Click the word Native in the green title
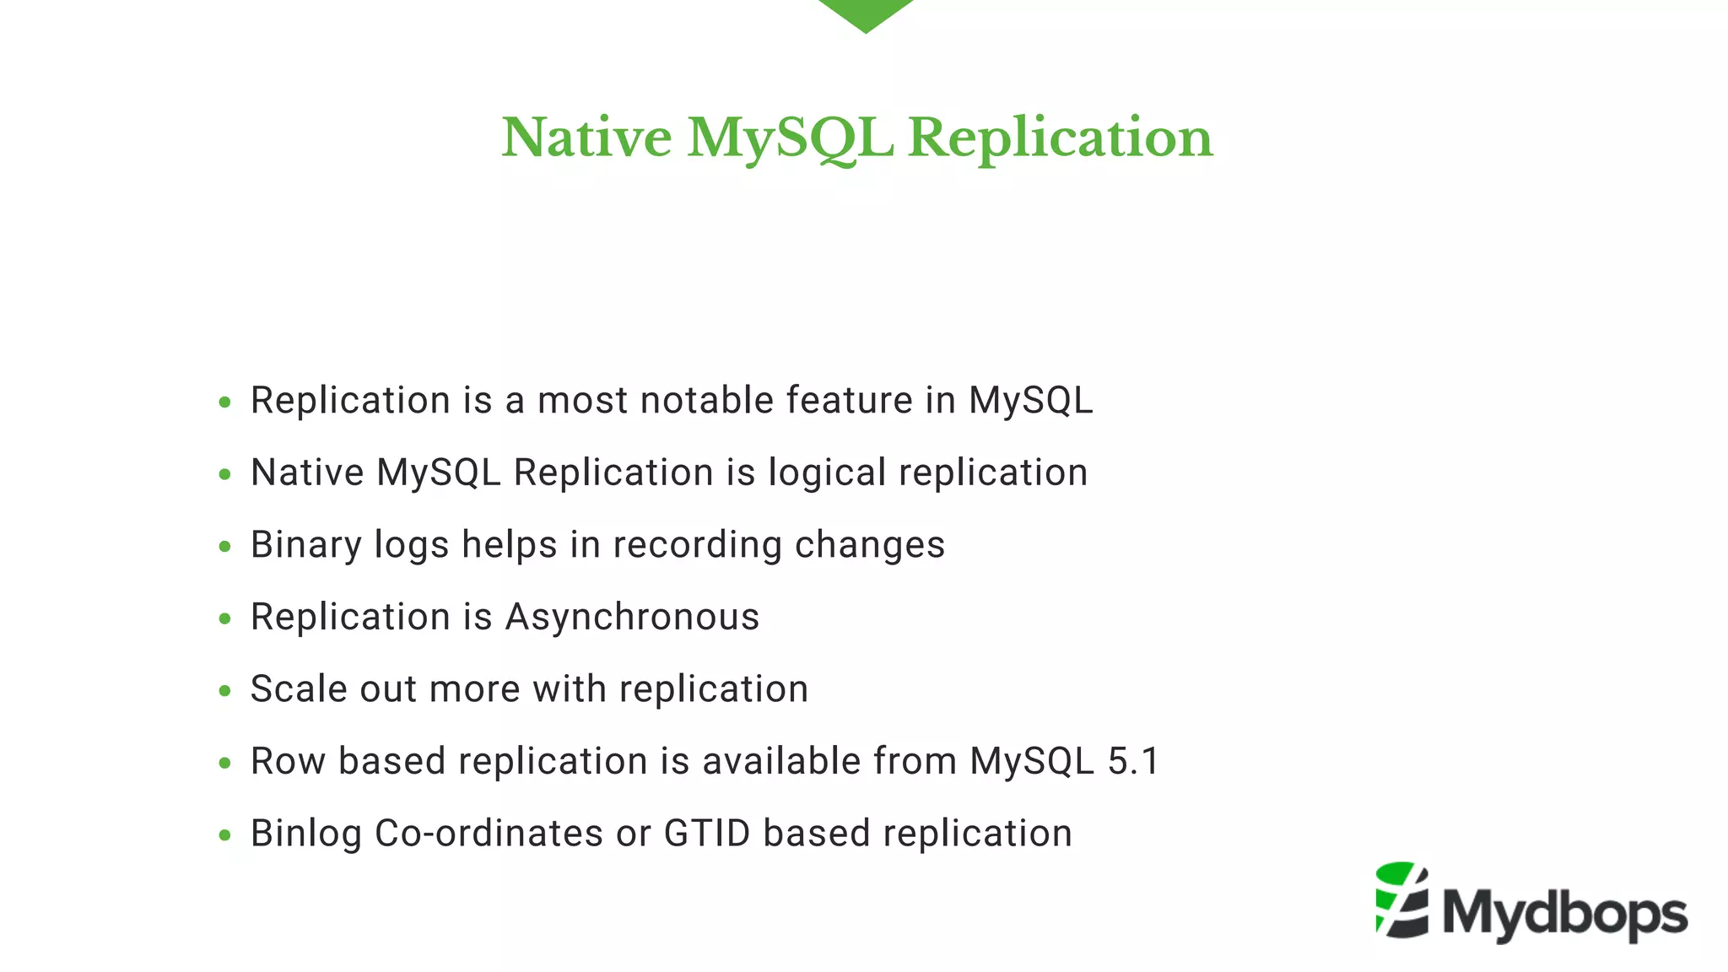click(586, 138)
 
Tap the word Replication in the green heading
click(1060, 138)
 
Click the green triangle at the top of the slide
click(865, 13)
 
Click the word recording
click(697, 545)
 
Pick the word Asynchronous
click(632, 617)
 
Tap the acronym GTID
click(707, 834)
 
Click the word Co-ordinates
click(489, 834)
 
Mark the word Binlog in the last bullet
click(306, 834)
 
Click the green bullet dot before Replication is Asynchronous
click(224, 619)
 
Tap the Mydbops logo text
click(1564, 914)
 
